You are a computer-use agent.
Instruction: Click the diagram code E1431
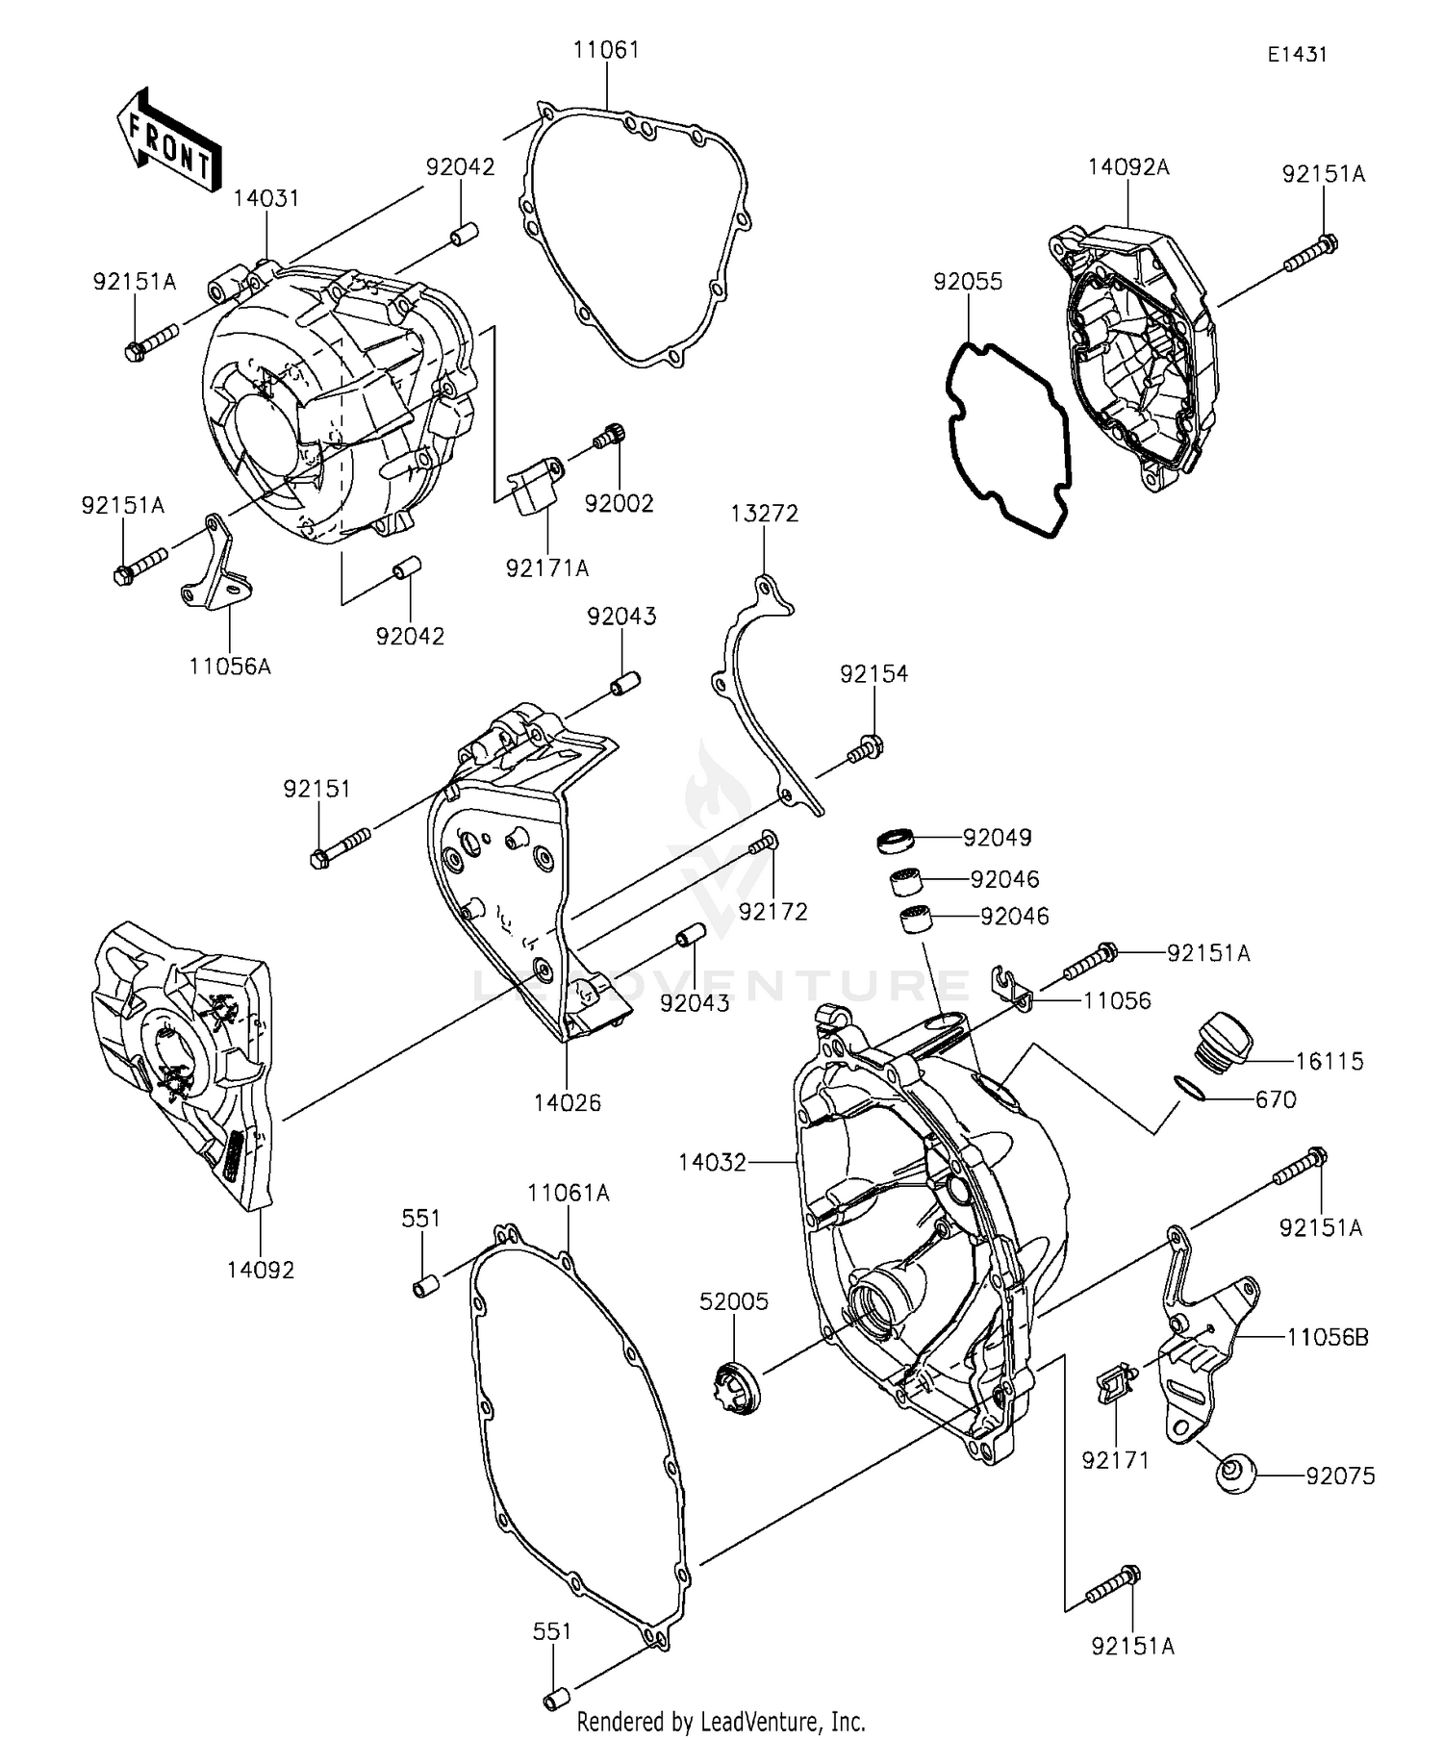click(1296, 55)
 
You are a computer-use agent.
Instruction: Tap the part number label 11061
click(606, 50)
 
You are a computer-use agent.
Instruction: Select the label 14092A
click(1128, 167)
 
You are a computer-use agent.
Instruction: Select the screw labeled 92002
click(609, 438)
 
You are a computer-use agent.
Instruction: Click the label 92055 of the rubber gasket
click(968, 282)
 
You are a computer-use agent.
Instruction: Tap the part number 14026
click(568, 1102)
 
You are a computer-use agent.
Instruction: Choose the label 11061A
click(568, 1193)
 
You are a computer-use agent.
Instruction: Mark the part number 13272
click(764, 514)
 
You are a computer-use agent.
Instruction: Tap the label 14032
click(712, 1162)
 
